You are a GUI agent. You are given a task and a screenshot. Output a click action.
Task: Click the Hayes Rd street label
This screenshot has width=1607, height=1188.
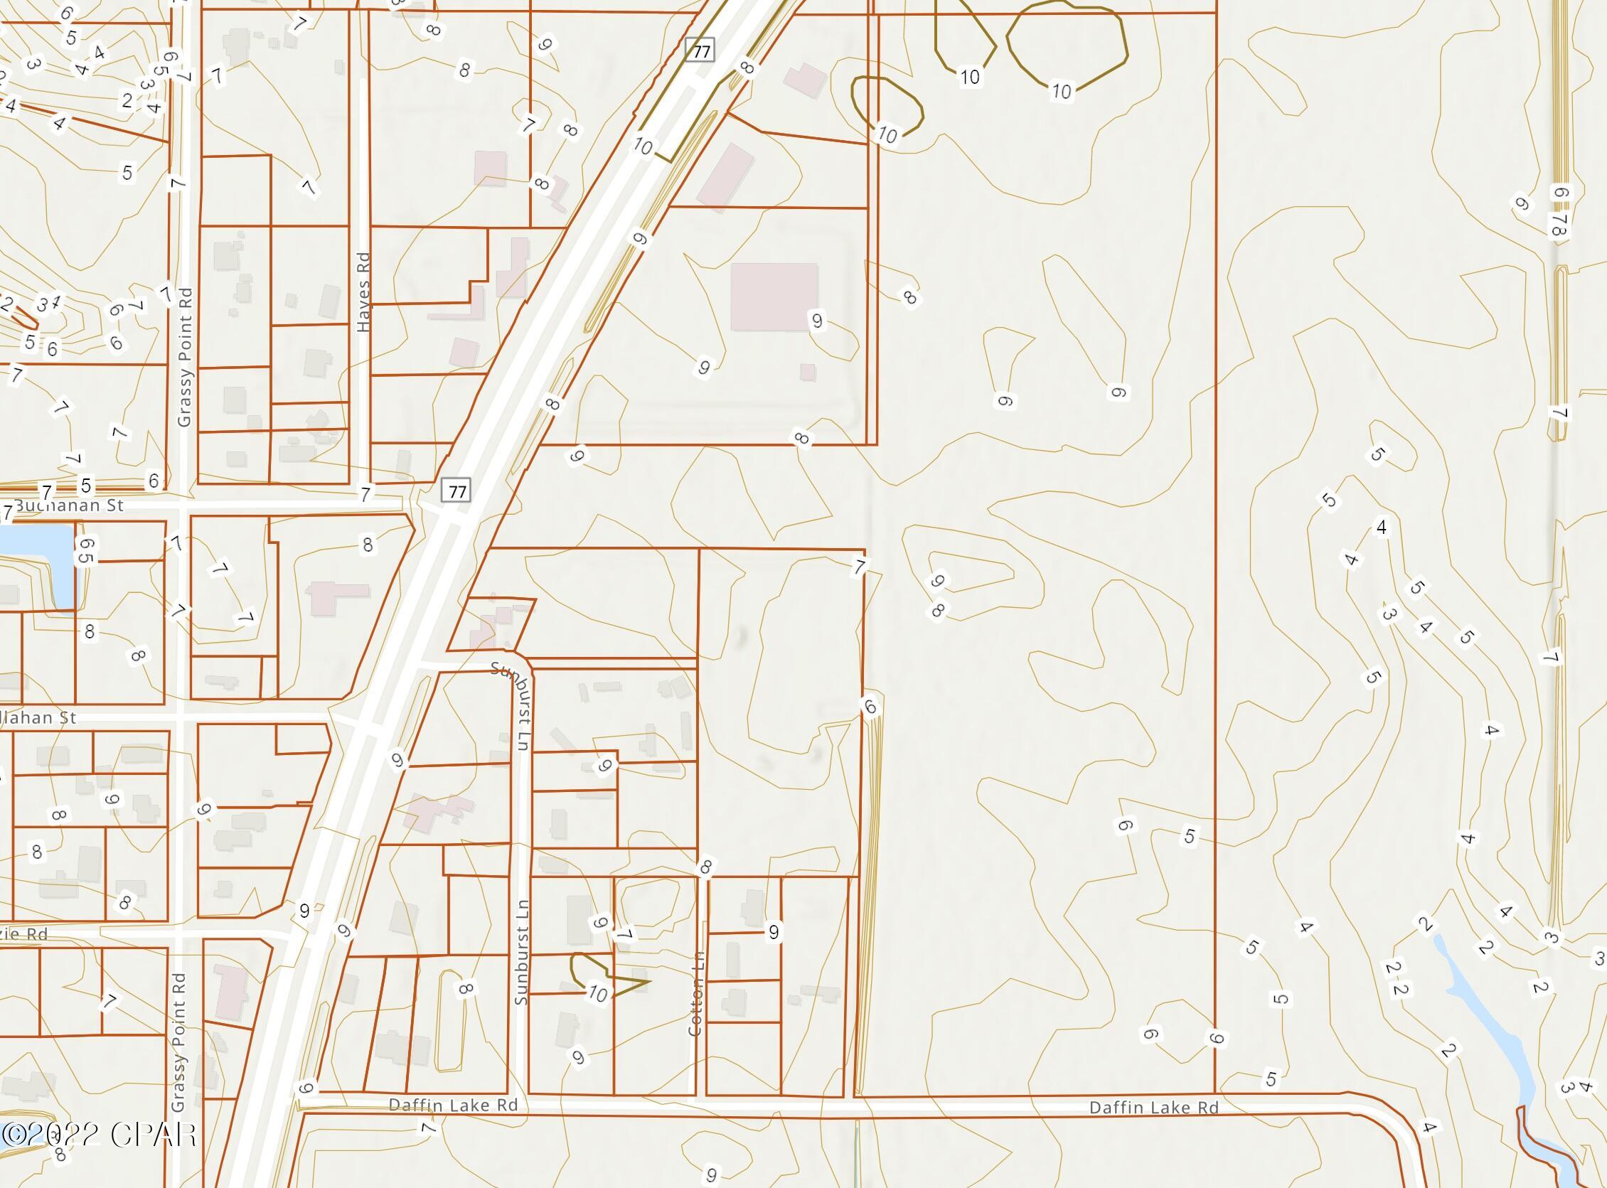click(x=363, y=292)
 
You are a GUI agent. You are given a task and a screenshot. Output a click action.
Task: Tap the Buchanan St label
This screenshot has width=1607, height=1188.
click(x=69, y=505)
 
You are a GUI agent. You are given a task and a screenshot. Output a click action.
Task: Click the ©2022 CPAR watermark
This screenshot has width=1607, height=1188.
click(x=100, y=1135)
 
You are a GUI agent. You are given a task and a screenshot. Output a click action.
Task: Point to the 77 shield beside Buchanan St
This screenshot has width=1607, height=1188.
click(x=457, y=492)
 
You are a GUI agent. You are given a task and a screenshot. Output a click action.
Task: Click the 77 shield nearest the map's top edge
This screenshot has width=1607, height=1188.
click(x=701, y=51)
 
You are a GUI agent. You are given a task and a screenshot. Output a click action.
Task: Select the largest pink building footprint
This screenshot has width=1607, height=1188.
click(x=774, y=297)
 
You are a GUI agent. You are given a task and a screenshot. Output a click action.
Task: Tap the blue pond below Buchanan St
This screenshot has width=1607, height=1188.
click(x=36, y=565)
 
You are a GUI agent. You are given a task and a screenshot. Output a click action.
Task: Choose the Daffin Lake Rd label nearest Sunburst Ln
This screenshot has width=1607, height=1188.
click(x=453, y=1104)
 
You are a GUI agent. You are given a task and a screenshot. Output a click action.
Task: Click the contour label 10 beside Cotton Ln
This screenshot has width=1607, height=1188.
click(x=597, y=994)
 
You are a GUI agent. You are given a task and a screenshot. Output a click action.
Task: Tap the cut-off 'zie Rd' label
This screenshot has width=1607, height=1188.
click(x=25, y=934)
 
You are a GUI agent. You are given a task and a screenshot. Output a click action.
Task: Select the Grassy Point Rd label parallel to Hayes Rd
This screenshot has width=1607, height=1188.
click(x=184, y=357)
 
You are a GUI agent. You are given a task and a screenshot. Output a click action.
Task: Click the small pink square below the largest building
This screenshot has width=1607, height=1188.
click(x=808, y=372)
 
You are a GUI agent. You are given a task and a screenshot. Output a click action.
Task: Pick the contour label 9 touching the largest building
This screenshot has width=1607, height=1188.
click(x=816, y=321)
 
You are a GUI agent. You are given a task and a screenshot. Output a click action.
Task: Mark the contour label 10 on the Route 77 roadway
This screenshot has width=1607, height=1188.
click(x=642, y=147)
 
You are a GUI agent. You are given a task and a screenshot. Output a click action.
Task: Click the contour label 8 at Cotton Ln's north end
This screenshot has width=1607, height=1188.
click(x=705, y=868)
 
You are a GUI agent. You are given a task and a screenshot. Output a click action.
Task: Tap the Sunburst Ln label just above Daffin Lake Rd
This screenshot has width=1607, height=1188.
click(x=521, y=952)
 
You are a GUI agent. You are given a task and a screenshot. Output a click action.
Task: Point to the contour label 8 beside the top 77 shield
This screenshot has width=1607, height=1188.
click(x=747, y=67)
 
